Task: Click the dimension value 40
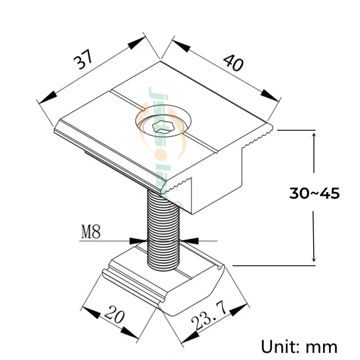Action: coord(233,63)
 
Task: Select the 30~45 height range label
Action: coord(314,193)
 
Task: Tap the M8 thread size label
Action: coord(91,233)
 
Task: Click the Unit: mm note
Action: coord(299,346)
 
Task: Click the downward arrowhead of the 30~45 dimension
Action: coord(314,258)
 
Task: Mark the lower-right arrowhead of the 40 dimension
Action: coord(270,95)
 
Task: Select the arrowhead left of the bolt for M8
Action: coord(137,240)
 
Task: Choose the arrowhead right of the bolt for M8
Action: coord(189,240)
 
